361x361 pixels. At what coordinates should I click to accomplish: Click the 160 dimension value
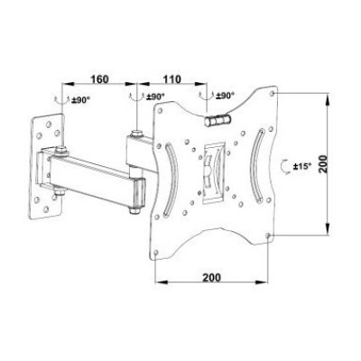(x=101, y=79)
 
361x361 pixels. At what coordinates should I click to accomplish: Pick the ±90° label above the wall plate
(x=80, y=97)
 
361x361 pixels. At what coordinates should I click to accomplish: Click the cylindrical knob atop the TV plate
(x=218, y=116)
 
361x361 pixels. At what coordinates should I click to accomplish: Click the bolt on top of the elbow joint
(x=135, y=135)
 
